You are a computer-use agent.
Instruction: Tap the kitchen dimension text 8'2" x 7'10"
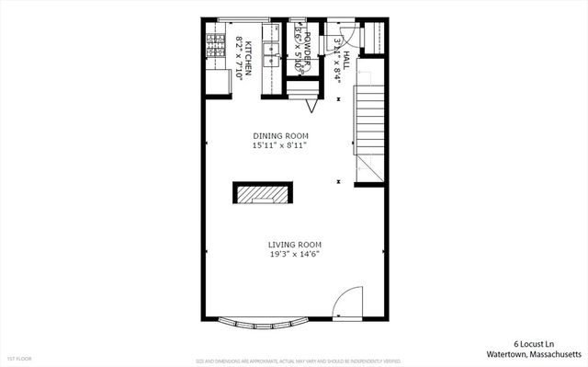(239, 58)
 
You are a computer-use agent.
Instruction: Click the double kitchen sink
(271, 56)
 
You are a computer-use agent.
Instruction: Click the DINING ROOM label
(279, 136)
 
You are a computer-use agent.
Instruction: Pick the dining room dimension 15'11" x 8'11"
(279, 145)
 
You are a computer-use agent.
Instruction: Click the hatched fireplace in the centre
(265, 193)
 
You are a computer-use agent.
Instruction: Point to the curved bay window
(265, 324)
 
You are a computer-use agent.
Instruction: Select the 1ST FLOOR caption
(18, 358)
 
